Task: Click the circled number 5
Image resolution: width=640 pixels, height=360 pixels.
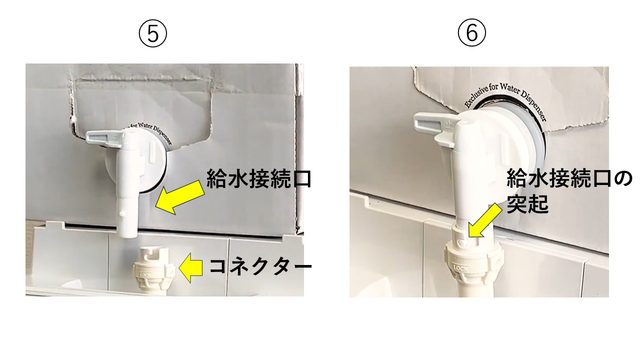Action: (x=153, y=33)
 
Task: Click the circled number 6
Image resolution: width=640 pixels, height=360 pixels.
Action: (x=471, y=33)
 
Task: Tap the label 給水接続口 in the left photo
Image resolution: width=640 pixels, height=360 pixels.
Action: (x=259, y=179)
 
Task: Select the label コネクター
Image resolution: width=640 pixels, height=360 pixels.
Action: (x=260, y=267)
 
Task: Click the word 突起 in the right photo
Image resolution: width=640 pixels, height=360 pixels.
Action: (x=527, y=203)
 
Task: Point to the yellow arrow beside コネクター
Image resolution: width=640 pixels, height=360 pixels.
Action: (x=191, y=267)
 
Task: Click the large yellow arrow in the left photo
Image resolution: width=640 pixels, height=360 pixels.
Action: (x=179, y=197)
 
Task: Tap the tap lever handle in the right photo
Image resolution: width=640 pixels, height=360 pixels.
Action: (x=437, y=127)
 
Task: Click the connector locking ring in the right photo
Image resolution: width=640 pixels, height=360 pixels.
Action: (x=472, y=262)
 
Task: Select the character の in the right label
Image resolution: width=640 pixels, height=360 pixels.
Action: (x=621, y=179)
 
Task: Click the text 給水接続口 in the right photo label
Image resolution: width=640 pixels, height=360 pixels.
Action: (x=558, y=179)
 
